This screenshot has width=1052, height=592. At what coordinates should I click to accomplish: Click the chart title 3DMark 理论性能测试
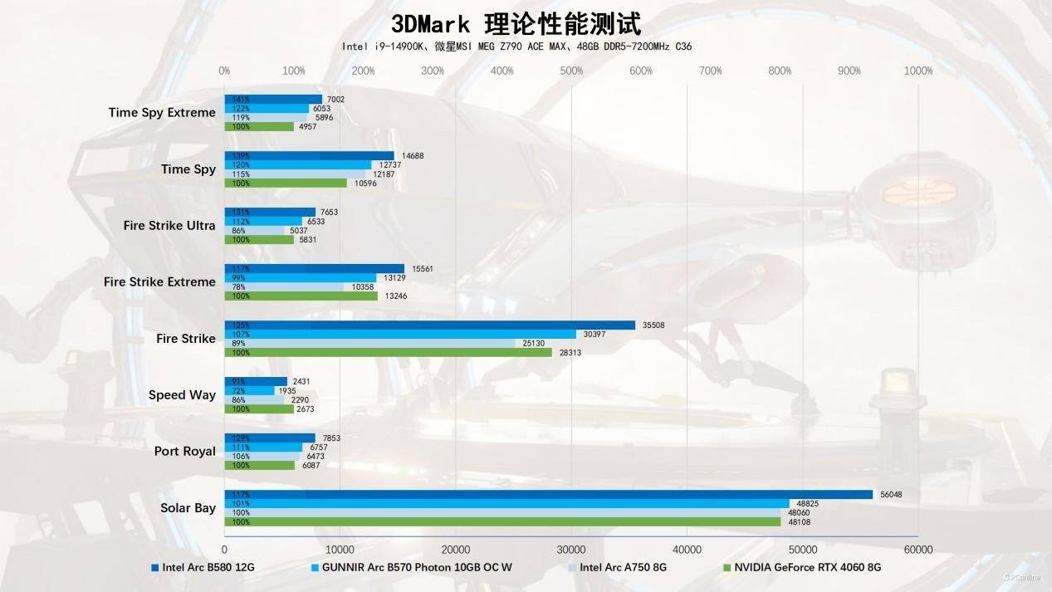[x=516, y=23]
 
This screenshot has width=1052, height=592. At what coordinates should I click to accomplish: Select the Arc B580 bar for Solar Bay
[x=548, y=494]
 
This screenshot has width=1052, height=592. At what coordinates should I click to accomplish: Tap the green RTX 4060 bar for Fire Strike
[x=388, y=352]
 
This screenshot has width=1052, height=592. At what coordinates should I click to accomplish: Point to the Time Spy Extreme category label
[x=162, y=113]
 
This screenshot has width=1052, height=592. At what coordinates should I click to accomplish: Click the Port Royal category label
[x=184, y=452]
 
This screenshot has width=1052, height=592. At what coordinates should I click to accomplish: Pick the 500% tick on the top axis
[x=571, y=71]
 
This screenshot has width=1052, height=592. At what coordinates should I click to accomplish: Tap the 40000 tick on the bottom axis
[x=687, y=550]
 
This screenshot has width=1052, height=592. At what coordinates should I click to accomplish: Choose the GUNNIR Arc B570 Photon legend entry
[x=418, y=568]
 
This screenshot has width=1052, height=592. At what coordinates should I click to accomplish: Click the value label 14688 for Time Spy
[x=413, y=156]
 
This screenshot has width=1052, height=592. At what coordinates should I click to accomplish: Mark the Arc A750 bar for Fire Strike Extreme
[x=284, y=286]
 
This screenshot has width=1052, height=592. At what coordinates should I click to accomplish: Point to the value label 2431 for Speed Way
[x=301, y=382]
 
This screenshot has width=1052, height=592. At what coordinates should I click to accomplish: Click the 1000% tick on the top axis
[x=918, y=71]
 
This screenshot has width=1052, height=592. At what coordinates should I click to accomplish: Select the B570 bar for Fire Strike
[x=400, y=334]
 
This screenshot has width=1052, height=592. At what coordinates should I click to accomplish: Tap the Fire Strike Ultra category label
[x=169, y=226]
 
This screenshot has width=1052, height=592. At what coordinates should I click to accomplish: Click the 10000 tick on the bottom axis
[x=340, y=550]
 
